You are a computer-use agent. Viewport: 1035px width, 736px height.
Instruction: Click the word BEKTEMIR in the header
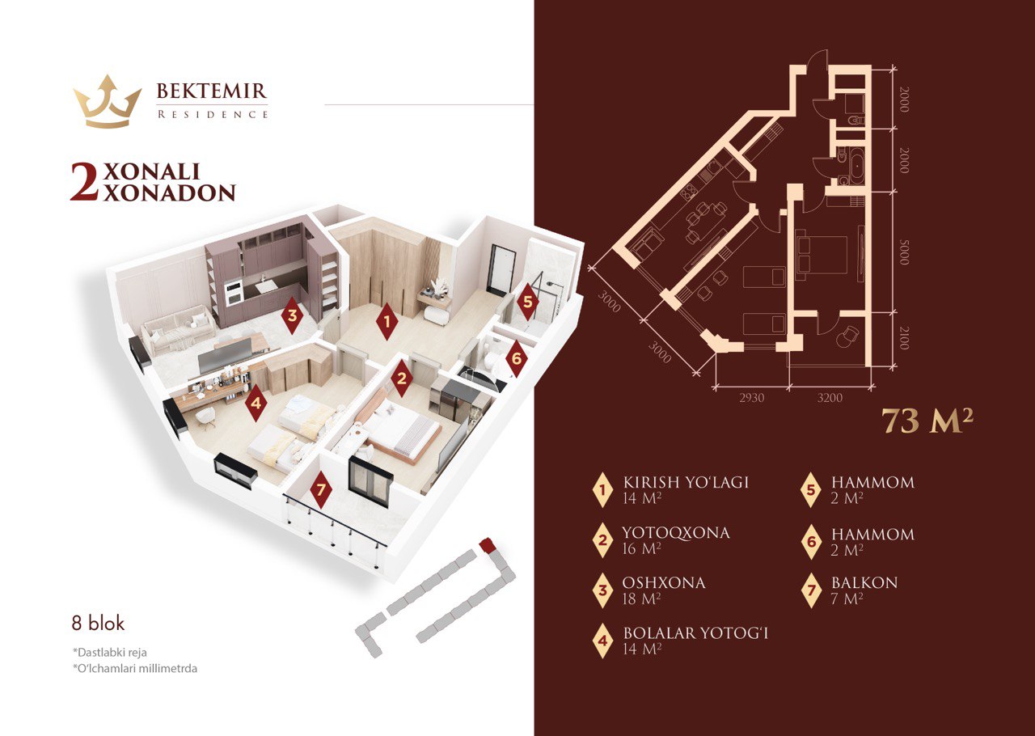coord(211,91)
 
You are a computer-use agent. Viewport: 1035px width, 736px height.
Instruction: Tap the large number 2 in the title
coord(85,182)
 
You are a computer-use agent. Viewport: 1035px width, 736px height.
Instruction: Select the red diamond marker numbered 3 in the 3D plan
coord(292,315)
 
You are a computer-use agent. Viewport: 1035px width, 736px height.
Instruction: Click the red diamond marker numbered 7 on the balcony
coord(321,489)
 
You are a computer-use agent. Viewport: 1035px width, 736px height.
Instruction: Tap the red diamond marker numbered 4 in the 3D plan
coord(256,402)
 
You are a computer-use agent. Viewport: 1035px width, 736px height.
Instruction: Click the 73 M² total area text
coord(926,421)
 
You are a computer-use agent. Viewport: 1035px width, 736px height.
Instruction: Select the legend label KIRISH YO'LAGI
coord(686,483)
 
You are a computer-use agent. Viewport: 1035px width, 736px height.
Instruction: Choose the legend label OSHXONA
coord(664,582)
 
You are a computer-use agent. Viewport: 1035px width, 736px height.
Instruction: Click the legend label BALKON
coord(864,582)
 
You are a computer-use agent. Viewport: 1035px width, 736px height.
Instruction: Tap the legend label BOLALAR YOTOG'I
coord(695,632)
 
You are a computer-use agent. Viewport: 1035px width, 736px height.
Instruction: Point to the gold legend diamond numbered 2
coord(602,540)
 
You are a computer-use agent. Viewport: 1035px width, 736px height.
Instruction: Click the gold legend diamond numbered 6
coord(811,541)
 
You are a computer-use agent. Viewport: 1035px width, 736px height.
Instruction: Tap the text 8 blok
coord(98,624)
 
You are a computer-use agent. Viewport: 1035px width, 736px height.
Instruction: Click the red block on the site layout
coord(487,545)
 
